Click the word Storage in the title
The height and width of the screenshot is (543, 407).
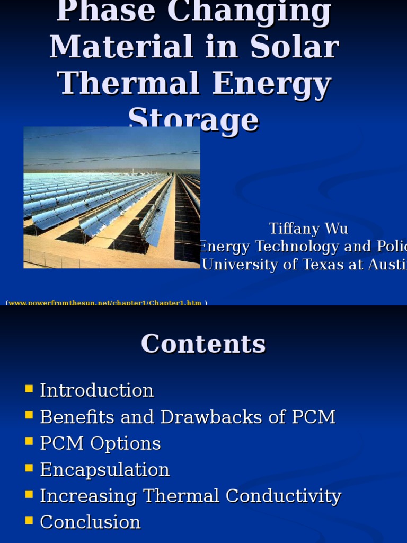click(x=194, y=120)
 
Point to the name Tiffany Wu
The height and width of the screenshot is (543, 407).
click(x=308, y=229)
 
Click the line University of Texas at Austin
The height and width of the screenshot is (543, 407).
click(x=304, y=264)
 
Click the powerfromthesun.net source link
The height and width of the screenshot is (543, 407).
click(x=105, y=303)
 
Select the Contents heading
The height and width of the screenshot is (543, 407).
click(x=203, y=344)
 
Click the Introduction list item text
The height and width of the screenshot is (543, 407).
click(x=97, y=390)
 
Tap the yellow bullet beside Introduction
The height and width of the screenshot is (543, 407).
click(x=29, y=389)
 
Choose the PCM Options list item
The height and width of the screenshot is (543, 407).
click(x=100, y=443)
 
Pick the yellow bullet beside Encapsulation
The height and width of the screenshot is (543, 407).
click(x=29, y=468)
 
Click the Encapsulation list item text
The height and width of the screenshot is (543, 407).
click(x=105, y=470)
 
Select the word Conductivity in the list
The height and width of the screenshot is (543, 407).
click(x=283, y=496)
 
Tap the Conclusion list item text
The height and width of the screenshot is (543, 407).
click(x=91, y=522)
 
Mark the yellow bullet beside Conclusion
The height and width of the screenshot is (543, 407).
click(x=29, y=521)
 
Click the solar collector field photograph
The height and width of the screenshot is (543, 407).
click(x=112, y=197)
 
